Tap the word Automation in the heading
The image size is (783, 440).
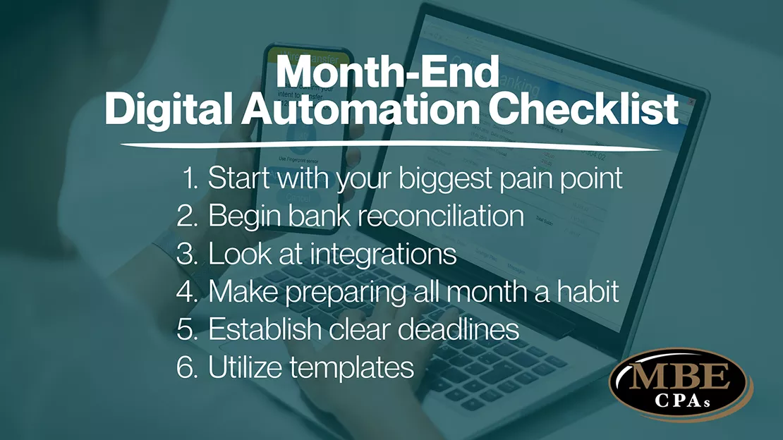367,111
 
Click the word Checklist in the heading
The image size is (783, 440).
595,111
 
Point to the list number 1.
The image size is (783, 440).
190,178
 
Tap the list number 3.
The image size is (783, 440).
187,254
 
